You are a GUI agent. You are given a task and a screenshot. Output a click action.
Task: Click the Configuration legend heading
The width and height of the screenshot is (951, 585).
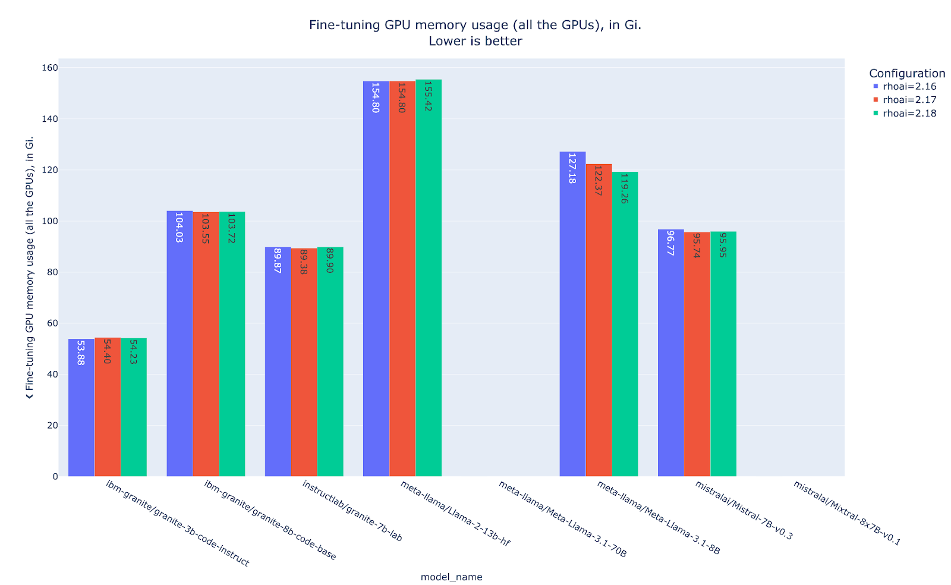907,73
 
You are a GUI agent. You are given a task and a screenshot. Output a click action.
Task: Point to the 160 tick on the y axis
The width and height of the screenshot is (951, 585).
50,68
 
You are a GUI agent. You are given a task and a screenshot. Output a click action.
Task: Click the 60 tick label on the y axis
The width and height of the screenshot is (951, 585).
52,323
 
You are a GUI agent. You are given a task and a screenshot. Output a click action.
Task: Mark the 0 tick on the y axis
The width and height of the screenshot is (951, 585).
55,476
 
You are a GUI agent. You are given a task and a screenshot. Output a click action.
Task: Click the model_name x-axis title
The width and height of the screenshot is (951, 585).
451,577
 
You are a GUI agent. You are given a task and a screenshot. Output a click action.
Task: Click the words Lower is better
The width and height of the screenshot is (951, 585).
475,41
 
